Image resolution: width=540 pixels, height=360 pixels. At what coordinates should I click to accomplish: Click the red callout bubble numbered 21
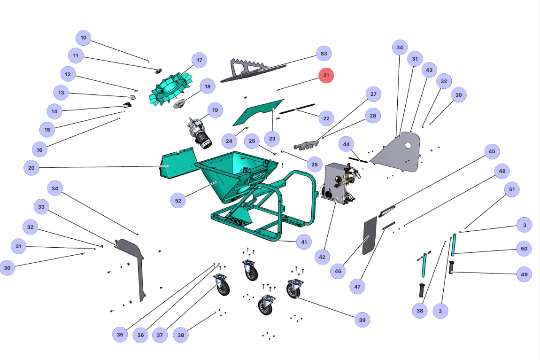click(326, 75)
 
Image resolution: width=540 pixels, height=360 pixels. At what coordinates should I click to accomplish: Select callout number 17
click(200, 60)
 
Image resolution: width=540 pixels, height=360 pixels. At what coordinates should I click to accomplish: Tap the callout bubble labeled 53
click(324, 54)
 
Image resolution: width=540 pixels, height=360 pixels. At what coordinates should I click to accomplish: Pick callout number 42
click(322, 257)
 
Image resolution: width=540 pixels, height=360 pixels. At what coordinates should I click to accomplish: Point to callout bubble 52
click(178, 200)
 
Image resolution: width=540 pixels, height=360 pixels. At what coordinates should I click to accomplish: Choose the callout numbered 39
click(362, 320)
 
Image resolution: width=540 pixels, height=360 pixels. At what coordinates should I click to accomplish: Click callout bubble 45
click(492, 151)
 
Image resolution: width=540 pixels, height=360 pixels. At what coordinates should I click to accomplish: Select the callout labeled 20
click(31, 167)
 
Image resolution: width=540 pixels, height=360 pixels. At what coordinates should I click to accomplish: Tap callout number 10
click(84, 38)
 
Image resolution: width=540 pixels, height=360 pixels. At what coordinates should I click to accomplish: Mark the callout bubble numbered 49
click(525, 274)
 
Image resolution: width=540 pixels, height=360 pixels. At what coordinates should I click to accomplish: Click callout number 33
click(42, 206)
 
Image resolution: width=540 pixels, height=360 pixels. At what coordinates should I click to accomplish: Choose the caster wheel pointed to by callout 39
click(293, 288)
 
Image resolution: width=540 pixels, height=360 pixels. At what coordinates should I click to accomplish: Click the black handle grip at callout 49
click(452, 268)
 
